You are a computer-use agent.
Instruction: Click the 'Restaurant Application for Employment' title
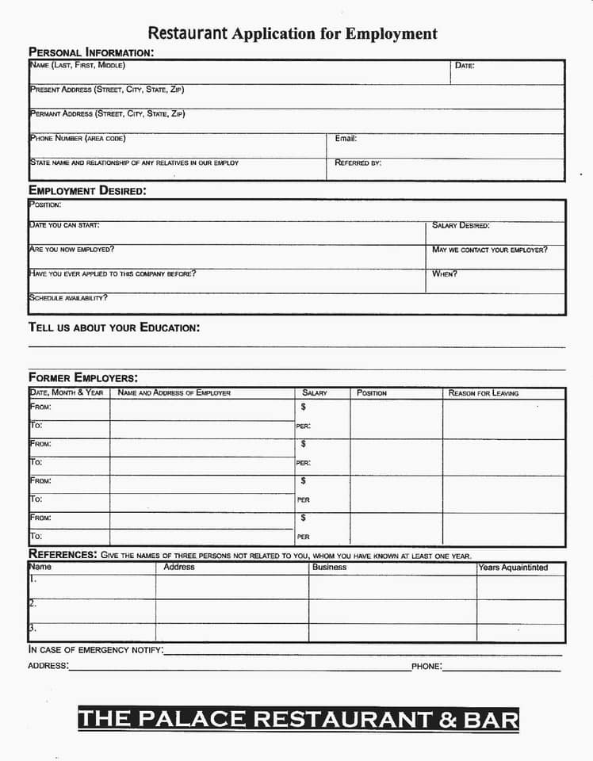click(x=293, y=33)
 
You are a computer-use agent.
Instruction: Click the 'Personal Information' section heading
click(x=91, y=52)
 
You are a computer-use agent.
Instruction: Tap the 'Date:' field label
click(x=465, y=66)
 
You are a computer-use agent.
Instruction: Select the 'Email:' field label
click(x=346, y=139)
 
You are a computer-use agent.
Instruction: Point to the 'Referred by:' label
click(x=358, y=163)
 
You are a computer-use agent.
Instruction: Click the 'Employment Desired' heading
click(x=87, y=190)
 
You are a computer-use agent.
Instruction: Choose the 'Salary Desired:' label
click(x=461, y=226)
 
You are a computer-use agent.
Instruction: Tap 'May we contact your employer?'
click(x=489, y=250)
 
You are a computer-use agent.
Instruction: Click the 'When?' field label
click(x=444, y=274)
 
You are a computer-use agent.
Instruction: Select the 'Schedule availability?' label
click(x=68, y=298)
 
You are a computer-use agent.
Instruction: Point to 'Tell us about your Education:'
click(x=114, y=327)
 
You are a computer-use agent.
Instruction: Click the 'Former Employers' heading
click(x=82, y=377)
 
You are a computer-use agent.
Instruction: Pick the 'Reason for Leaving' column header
click(x=484, y=393)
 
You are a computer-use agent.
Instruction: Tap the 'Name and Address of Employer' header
click(x=174, y=393)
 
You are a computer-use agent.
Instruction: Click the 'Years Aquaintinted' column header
click(x=513, y=568)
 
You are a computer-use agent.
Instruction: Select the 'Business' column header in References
click(x=329, y=568)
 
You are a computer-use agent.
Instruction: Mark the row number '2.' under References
click(x=33, y=603)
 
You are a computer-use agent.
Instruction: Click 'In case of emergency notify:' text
click(x=96, y=650)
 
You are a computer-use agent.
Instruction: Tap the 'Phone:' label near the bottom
click(x=427, y=667)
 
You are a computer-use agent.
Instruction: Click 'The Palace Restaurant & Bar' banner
click(x=298, y=719)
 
